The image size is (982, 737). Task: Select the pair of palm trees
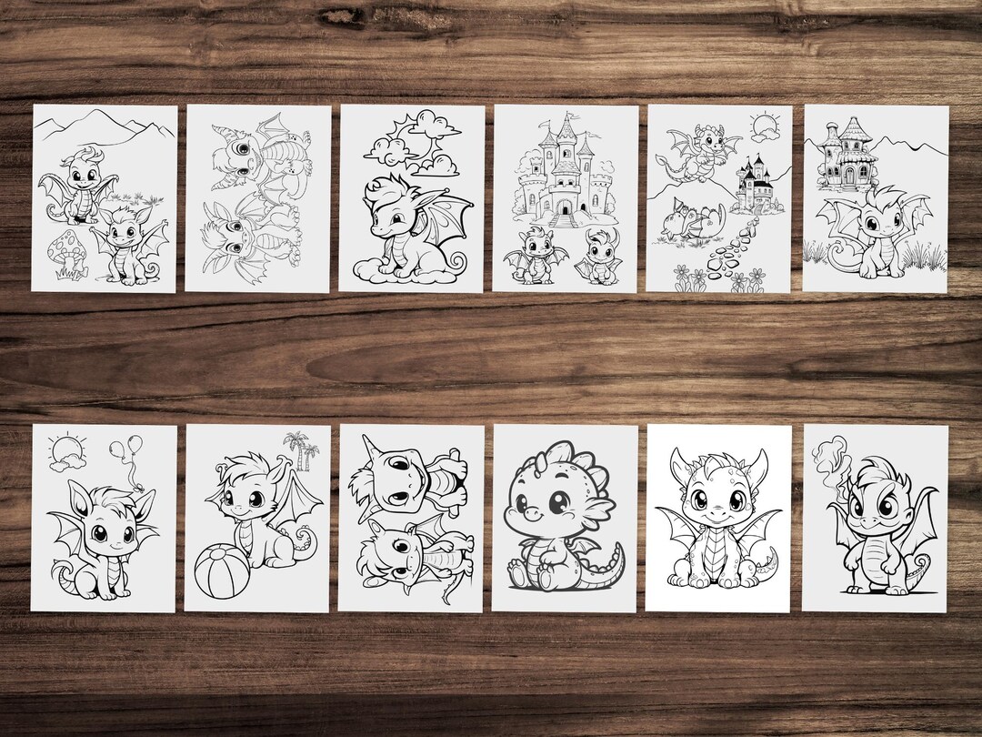click(x=300, y=449)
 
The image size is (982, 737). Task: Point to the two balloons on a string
click(x=123, y=455)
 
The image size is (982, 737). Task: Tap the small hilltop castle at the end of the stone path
click(x=754, y=186)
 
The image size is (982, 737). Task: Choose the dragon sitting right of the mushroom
click(x=130, y=241)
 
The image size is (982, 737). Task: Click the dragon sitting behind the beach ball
click(x=259, y=519)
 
